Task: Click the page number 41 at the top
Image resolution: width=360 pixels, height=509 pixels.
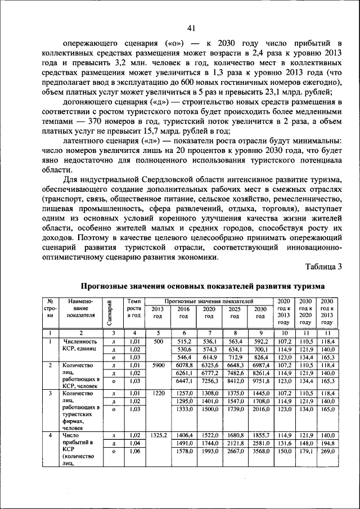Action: click(191, 29)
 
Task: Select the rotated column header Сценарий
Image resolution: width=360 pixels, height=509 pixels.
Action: click(112, 313)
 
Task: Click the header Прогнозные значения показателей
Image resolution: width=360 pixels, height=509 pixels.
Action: click(209, 302)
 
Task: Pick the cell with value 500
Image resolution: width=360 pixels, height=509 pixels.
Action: click(158, 341)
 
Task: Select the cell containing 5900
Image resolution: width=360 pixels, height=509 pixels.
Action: click(158, 365)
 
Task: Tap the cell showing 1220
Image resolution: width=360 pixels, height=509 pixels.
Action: click(158, 393)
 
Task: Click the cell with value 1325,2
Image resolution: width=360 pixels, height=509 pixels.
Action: click(158, 436)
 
